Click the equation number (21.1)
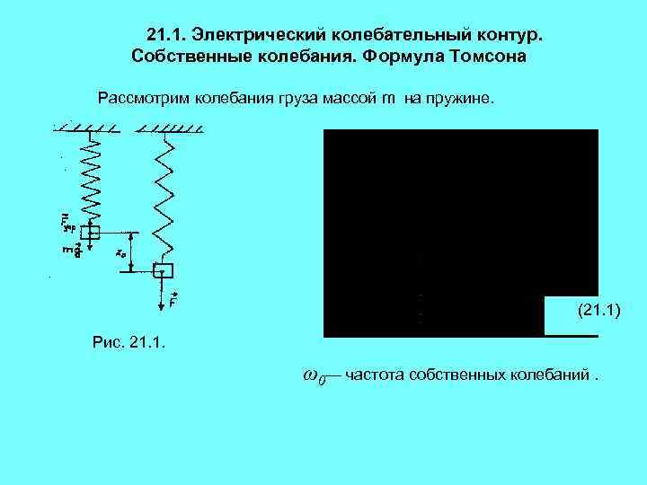(x=597, y=311)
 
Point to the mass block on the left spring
(x=92, y=231)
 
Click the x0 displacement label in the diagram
(x=120, y=253)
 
